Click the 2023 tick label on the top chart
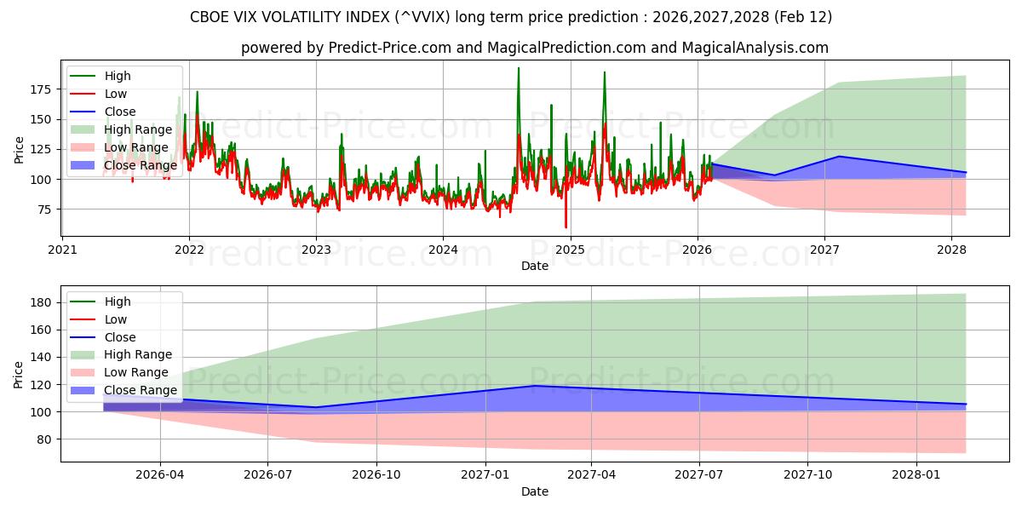(316, 250)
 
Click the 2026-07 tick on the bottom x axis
(267, 475)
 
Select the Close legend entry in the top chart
(119, 112)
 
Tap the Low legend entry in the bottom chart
(115, 319)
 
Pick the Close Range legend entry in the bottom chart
(140, 390)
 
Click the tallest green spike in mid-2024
(518, 69)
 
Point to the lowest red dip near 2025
(566, 227)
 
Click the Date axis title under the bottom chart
(534, 491)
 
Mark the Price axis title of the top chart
(19, 149)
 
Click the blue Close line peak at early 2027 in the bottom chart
(534, 386)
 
